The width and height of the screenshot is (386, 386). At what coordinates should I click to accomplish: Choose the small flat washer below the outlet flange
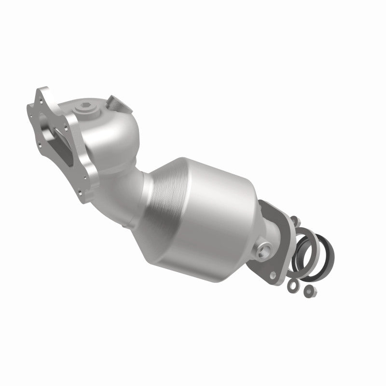[292, 286]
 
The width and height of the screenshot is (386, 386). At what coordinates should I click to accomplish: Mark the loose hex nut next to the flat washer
[307, 290]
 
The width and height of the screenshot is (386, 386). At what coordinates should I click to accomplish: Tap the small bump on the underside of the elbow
[126, 225]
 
